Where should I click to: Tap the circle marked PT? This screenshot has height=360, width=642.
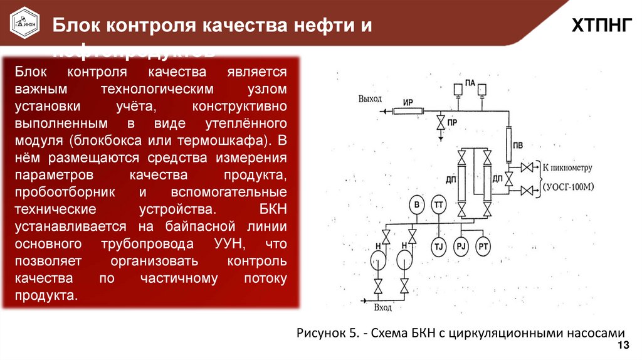483,246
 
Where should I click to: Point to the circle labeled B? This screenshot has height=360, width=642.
416,204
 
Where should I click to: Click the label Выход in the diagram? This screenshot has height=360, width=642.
370,99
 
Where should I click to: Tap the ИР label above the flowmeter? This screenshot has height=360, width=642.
408,102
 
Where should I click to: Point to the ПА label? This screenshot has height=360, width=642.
470,82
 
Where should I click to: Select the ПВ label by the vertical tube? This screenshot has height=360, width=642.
518,146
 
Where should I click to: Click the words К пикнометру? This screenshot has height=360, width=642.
567,168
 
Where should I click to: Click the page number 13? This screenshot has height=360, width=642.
623,347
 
